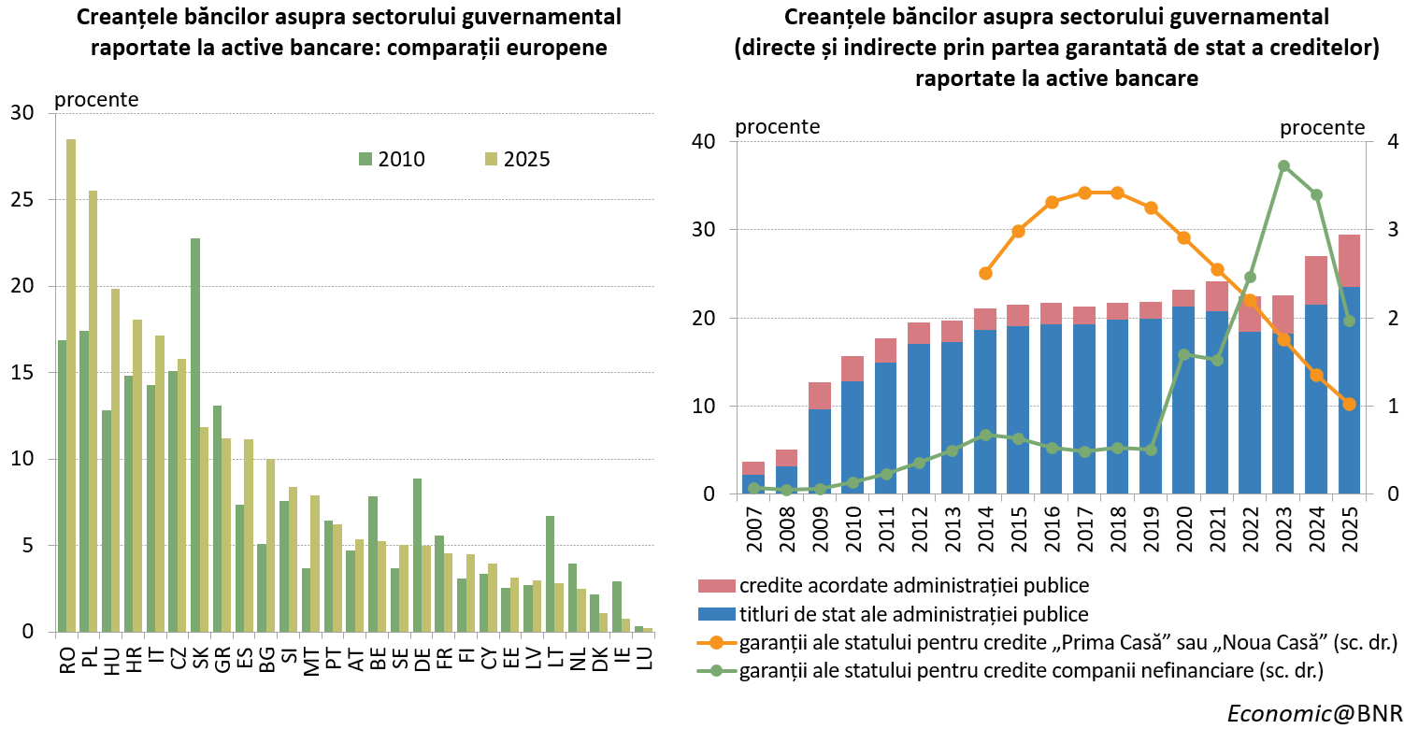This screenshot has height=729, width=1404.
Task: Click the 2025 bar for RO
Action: point(71,385)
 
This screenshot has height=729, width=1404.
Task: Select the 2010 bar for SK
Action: point(195,435)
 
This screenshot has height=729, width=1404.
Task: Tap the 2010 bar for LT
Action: point(551,574)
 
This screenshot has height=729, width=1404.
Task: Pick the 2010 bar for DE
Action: point(418,555)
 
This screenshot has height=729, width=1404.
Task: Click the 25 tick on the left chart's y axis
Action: point(22,200)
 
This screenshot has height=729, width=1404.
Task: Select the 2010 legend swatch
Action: point(365,159)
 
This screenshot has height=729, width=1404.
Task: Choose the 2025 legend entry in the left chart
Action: point(518,159)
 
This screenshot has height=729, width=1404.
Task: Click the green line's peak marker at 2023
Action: point(1283,166)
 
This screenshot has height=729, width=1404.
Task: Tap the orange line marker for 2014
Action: point(985,273)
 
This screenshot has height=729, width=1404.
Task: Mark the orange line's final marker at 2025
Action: point(1350,405)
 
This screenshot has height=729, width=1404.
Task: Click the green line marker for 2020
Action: point(1184,355)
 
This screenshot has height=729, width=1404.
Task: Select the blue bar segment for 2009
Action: point(820,451)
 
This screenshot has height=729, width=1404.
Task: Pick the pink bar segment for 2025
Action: point(1350,261)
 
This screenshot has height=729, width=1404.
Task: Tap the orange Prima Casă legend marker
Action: point(716,642)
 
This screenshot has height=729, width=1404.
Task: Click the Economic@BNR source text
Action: point(1314,713)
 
